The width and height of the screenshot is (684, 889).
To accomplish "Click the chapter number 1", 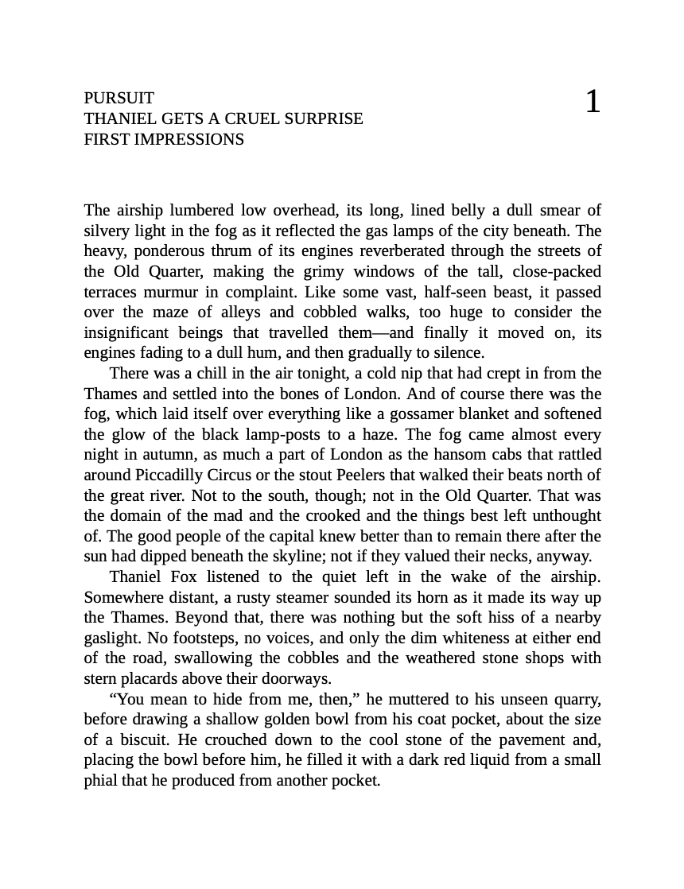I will [x=593, y=102].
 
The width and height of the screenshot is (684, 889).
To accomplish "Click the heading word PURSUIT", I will [x=119, y=98].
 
